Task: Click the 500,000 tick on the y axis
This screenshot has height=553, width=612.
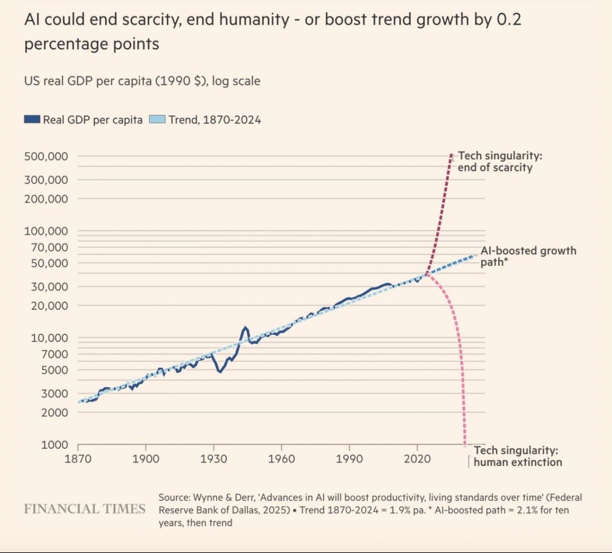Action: click(x=46, y=157)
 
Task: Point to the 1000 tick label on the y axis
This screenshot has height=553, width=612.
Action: click(x=54, y=445)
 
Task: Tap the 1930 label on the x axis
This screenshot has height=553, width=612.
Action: click(x=214, y=459)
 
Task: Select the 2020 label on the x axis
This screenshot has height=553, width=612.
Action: click(x=417, y=459)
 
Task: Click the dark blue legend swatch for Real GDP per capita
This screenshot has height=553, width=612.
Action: click(x=32, y=119)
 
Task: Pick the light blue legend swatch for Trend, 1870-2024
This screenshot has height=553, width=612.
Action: click(x=157, y=119)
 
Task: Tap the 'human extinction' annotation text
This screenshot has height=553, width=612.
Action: click(x=518, y=462)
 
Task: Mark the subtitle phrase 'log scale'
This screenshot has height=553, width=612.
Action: click(x=236, y=81)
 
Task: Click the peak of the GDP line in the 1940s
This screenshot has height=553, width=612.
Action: click(x=245, y=328)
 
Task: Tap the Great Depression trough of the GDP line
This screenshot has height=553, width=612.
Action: click(x=220, y=372)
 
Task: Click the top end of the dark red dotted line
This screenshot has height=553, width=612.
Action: click(x=451, y=155)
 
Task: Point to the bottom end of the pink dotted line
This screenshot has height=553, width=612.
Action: click(x=465, y=444)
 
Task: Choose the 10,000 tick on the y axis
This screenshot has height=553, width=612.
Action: click(x=49, y=338)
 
